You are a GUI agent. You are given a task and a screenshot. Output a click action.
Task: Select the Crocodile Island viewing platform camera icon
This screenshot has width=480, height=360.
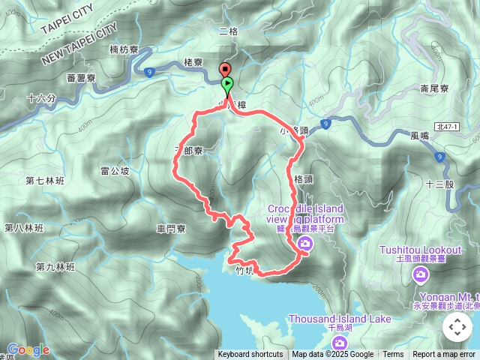(305, 242)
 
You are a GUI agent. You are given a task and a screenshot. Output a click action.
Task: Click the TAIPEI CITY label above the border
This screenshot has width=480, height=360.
(68, 18)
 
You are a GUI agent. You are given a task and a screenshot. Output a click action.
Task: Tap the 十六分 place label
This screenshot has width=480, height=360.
(40, 98)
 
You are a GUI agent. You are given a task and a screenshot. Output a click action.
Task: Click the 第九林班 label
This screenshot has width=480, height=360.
(55, 267)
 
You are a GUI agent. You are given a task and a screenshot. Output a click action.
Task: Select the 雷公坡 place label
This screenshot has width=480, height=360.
(115, 171)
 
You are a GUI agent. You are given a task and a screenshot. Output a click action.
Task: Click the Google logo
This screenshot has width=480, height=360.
(28, 349)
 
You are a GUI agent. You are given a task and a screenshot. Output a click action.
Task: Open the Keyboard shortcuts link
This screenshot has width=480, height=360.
(250, 355)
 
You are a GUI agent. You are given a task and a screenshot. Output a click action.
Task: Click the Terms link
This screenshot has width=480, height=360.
(393, 355)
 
